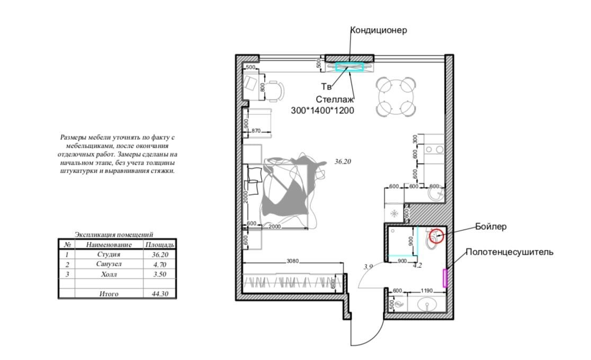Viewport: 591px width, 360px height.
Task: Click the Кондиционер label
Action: [379, 30]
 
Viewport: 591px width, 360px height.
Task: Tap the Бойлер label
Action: [490, 227]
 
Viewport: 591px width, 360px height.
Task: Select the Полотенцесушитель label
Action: [509, 252]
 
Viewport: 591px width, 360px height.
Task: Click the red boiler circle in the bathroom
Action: [436, 235]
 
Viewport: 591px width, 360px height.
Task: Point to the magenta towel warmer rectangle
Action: [445, 278]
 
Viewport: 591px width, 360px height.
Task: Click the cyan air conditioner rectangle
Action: [350, 67]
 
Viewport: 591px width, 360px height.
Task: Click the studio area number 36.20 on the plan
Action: [343, 161]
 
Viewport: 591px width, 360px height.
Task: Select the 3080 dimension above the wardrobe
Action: [292, 260]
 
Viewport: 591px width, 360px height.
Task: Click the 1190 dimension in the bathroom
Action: [427, 291]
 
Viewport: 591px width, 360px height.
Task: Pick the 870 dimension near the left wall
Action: [256, 131]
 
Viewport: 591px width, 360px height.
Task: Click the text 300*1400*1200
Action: [323, 111]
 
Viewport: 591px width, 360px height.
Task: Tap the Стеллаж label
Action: [335, 100]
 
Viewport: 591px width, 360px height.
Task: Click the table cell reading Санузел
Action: [109, 264]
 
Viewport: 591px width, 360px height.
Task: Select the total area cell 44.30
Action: [160, 294]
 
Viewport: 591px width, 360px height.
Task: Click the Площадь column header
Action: [160, 245]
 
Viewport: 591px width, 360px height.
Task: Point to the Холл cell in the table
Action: [109, 274]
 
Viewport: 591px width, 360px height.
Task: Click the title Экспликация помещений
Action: [114, 235]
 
